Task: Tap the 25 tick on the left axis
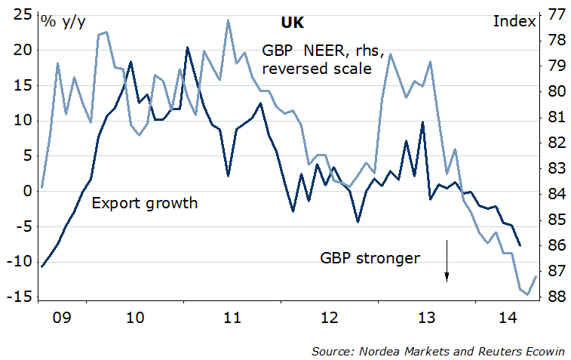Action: click(23, 15)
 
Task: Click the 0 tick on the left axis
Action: click(27, 192)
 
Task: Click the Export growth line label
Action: click(144, 203)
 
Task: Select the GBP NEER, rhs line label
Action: click(324, 51)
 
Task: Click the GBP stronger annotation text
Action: click(370, 258)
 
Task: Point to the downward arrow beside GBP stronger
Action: click(447, 261)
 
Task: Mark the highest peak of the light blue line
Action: click(228, 20)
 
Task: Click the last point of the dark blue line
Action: click(520, 245)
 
